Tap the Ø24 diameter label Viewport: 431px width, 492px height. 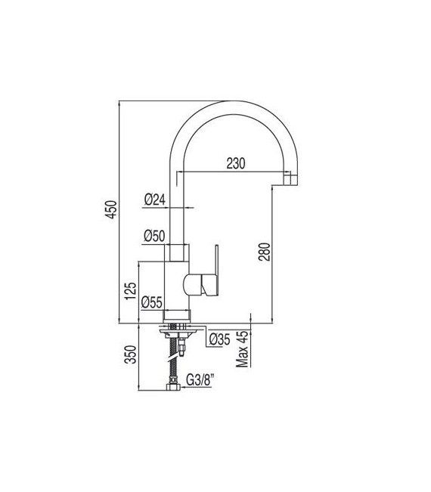click(155, 200)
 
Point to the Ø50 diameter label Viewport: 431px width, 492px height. click(155, 236)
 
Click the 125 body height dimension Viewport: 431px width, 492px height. click(131, 292)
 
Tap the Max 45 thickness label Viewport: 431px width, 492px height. click(243, 350)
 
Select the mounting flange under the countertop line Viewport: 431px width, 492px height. click(179, 331)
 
